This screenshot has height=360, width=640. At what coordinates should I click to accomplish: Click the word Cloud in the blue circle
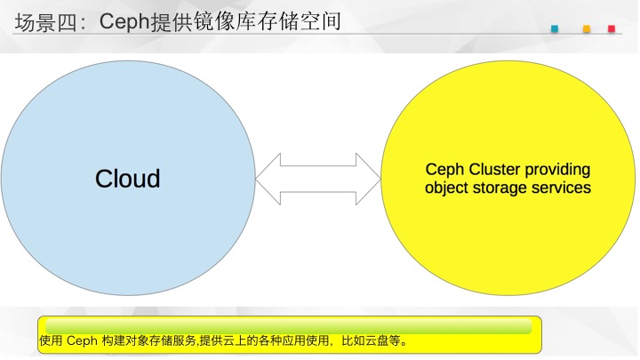click(x=127, y=179)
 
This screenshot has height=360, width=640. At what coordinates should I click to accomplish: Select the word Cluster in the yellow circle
click(x=494, y=169)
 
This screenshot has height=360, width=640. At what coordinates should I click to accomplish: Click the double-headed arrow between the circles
click(x=318, y=179)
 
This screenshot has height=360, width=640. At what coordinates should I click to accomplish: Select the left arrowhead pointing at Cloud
click(x=268, y=179)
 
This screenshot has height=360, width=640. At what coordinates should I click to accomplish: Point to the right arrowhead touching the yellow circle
click(x=368, y=179)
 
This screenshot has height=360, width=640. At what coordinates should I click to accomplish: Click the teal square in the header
click(x=555, y=28)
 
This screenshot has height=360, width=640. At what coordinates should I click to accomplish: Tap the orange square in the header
click(x=587, y=28)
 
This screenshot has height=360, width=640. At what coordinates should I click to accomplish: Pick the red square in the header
click(x=612, y=28)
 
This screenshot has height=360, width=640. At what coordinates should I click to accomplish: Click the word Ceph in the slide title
click(x=124, y=21)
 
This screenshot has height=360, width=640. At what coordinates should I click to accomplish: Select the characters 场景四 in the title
click(x=45, y=22)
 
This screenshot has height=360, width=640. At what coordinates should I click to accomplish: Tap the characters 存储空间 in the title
click(x=300, y=22)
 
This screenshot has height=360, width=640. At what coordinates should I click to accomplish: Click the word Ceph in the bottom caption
click(x=82, y=340)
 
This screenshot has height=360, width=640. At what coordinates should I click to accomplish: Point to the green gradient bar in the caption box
click(x=289, y=326)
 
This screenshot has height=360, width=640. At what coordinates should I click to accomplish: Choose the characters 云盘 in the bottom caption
click(x=376, y=340)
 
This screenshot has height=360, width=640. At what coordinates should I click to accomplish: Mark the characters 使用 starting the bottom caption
click(x=51, y=340)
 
